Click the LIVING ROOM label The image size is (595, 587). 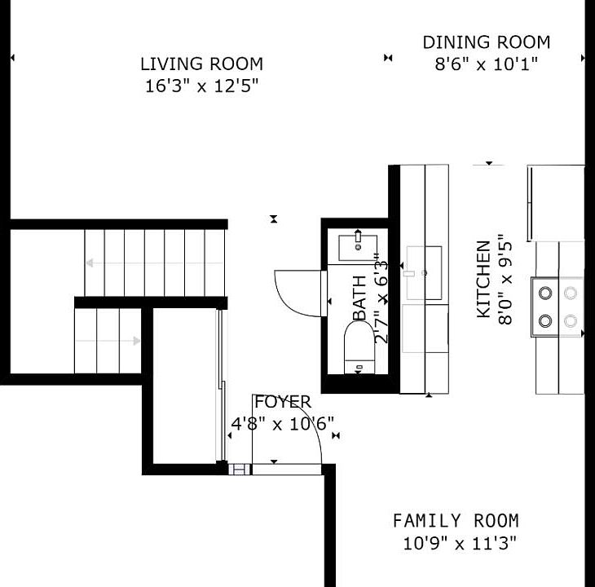[201, 64]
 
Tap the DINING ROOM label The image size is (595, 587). [487, 42]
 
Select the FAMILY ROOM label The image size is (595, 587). [456, 521]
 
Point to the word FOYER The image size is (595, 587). [283, 402]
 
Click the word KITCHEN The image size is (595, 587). [483, 279]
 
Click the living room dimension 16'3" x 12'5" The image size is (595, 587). [202, 86]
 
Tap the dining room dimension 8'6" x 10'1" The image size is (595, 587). [486, 64]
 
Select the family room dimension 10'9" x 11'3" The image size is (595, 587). [460, 544]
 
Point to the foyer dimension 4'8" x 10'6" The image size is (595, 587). [283, 423]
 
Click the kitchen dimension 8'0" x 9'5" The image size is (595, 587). [505, 279]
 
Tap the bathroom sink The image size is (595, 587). [358, 247]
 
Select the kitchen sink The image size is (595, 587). [424, 273]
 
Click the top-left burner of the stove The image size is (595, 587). [545, 293]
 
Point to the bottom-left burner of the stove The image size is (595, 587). [545, 321]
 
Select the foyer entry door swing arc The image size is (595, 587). [310, 419]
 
